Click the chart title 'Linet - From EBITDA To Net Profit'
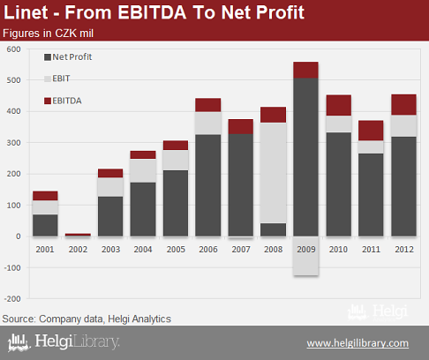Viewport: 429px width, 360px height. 154,12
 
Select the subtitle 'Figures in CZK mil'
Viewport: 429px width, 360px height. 48,34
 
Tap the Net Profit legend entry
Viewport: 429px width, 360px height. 68,56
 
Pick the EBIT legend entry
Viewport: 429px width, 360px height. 57,79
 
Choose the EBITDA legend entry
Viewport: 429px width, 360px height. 63,101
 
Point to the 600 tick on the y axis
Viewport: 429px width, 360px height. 13,49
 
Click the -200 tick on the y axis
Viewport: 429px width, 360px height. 12,299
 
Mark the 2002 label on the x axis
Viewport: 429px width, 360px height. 78,250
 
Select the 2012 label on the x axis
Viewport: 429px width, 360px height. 404,250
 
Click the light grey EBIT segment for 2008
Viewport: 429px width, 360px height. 273,173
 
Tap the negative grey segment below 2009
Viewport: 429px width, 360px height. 305,256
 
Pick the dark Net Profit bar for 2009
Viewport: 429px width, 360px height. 305,157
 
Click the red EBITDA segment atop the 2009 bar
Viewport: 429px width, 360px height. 305,70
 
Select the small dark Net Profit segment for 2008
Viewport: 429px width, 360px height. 273,229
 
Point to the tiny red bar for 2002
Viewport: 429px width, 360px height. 78,235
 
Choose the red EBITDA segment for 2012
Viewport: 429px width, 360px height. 403,105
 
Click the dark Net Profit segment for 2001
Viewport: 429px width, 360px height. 45,225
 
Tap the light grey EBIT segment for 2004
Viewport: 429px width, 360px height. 143,170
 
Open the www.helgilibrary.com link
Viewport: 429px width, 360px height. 357,343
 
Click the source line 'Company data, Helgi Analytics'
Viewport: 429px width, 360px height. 105,319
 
